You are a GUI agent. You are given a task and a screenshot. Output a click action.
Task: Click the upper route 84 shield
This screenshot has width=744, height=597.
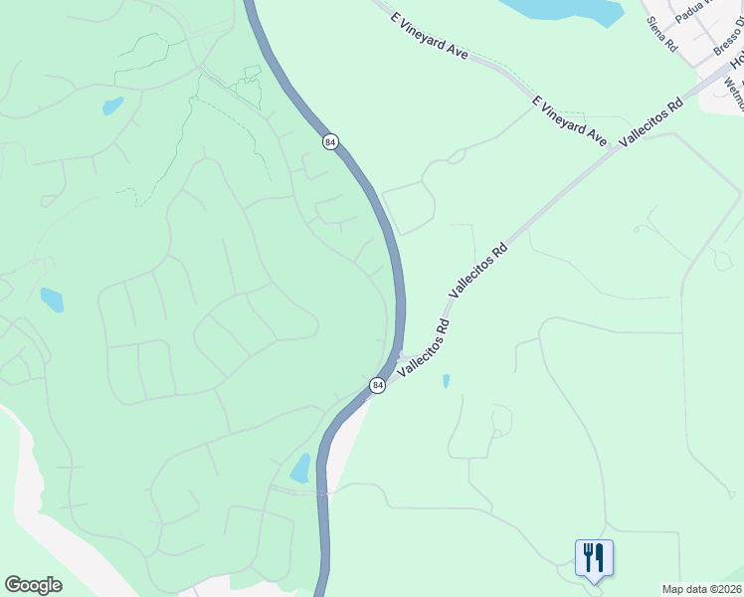[330, 142]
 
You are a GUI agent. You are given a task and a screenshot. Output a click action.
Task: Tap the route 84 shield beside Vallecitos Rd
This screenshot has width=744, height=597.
[377, 385]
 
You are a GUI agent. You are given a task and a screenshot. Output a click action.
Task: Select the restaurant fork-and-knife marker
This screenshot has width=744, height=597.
[594, 557]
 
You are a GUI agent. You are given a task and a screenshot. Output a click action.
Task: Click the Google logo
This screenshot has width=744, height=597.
[33, 585]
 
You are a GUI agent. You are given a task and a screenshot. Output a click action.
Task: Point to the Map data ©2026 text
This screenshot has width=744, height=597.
[701, 589]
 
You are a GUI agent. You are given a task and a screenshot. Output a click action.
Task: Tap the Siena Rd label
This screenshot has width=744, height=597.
[661, 34]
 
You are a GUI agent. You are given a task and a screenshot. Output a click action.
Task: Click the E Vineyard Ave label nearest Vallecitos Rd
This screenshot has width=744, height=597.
[569, 121]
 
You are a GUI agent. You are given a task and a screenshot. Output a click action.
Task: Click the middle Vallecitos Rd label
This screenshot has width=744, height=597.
[478, 271]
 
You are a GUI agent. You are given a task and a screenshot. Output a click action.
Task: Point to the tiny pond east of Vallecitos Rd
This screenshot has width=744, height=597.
[446, 380]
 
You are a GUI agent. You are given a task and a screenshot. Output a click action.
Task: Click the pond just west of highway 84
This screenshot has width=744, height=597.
[300, 468]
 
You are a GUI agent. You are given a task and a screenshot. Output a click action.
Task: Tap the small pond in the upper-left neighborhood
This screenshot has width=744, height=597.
[112, 105]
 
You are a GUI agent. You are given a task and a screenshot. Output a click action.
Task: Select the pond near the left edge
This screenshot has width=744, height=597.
[52, 298]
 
